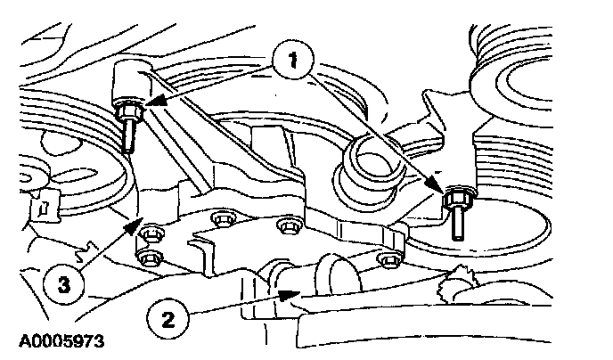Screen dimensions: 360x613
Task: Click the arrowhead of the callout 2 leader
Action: click(283, 292)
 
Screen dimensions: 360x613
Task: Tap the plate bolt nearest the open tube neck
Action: click(287, 225)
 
